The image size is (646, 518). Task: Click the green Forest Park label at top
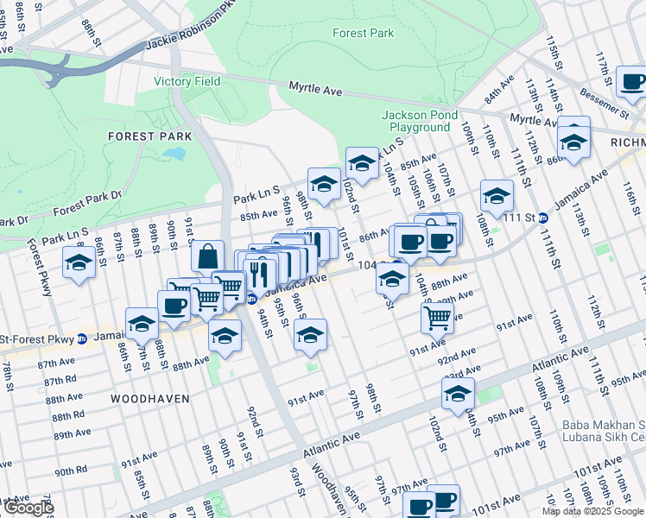[x=363, y=33]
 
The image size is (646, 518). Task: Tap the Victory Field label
[x=187, y=82]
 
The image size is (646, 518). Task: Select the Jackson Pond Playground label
[x=416, y=121]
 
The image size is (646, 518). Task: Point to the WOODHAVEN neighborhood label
[x=146, y=398]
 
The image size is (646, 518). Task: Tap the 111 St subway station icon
[x=542, y=218]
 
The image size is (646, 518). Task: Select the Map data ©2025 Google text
[x=593, y=511]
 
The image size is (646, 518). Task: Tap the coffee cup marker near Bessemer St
[x=632, y=83]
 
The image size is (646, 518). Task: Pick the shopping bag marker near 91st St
[x=207, y=256]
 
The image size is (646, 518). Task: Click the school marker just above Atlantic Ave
[x=459, y=395]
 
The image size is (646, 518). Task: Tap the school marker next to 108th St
[x=497, y=196]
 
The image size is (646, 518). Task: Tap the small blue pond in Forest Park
[x=174, y=155]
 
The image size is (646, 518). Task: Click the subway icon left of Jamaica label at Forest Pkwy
[x=82, y=339]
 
